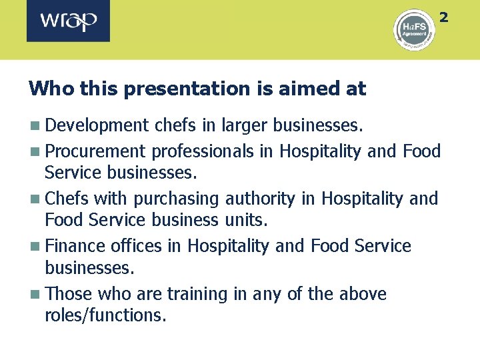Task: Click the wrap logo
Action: [68, 21]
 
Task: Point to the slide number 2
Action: [444, 17]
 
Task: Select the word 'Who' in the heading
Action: [46, 88]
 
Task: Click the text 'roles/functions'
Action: [103, 314]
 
